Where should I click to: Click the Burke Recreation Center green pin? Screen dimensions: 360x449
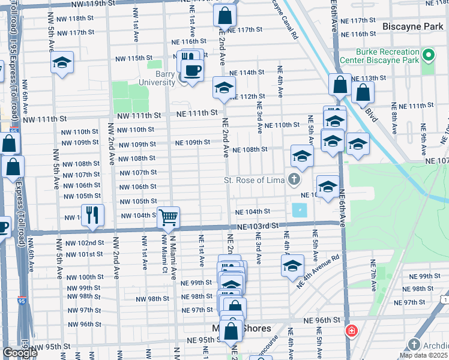428,56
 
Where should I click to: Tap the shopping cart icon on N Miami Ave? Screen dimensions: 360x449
169,217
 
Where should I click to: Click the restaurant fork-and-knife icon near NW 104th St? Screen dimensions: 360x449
92,214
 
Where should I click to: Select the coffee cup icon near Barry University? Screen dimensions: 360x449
192,71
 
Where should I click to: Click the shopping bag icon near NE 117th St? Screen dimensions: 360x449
224,15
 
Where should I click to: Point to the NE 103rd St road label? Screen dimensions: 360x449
258,226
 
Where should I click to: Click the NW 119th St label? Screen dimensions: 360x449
92,4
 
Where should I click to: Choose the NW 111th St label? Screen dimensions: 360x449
139,115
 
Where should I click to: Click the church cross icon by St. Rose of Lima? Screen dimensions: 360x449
294,179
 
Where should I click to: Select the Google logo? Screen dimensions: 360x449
20,353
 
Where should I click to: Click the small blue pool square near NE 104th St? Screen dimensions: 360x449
299,211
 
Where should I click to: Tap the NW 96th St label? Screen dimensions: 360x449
82,324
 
